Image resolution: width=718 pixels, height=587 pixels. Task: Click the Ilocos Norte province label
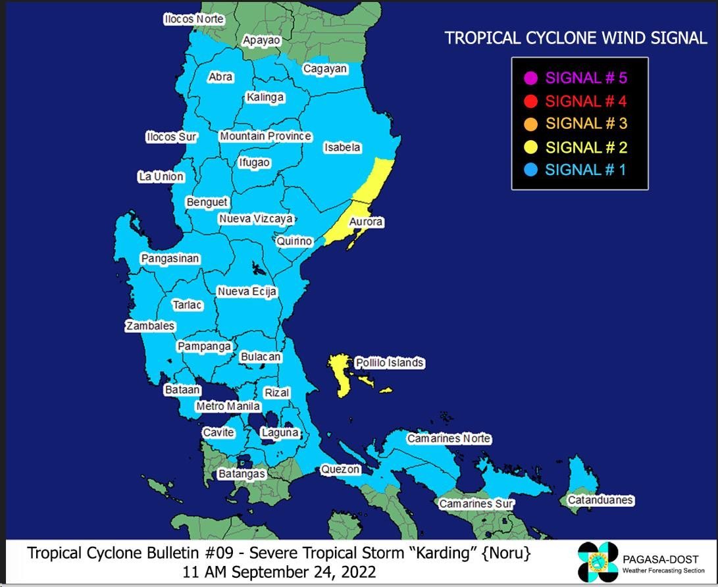[x=193, y=20]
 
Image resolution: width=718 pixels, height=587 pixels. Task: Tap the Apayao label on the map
[x=261, y=41]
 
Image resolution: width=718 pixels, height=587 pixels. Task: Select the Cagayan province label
[x=324, y=69]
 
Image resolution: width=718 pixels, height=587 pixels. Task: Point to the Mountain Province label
[x=265, y=136]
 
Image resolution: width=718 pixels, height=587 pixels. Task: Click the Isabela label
[x=342, y=148]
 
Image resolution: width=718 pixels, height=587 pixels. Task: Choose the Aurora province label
[x=365, y=222]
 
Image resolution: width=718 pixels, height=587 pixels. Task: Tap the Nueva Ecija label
[x=247, y=292]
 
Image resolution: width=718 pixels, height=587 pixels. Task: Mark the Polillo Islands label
[x=389, y=363]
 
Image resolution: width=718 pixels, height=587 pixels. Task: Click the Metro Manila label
[x=228, y=407]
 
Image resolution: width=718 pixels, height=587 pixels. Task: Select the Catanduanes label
[x=600, y=500]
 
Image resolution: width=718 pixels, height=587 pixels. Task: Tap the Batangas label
[x=242, y=474]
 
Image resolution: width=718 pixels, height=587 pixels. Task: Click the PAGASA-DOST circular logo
[x=598, y=561]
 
